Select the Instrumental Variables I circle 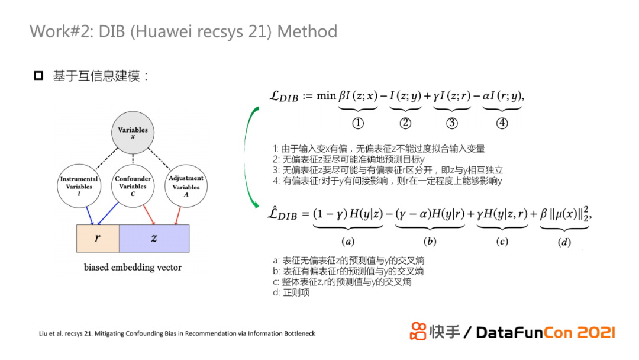coord(79,187)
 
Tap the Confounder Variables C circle coord(133,187)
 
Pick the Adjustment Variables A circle coord(186,187)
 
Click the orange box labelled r coord(98,238)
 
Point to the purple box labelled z coord(154,238)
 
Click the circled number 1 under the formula coord(358,123)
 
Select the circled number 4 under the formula coord(502,123)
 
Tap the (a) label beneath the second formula coord(348,242)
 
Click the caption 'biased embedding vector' coord(133,268)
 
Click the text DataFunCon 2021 coord(545,332)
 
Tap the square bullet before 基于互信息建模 coord(38,76)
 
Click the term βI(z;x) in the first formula coord(358,95)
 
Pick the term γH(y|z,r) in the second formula coord(502,214)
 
